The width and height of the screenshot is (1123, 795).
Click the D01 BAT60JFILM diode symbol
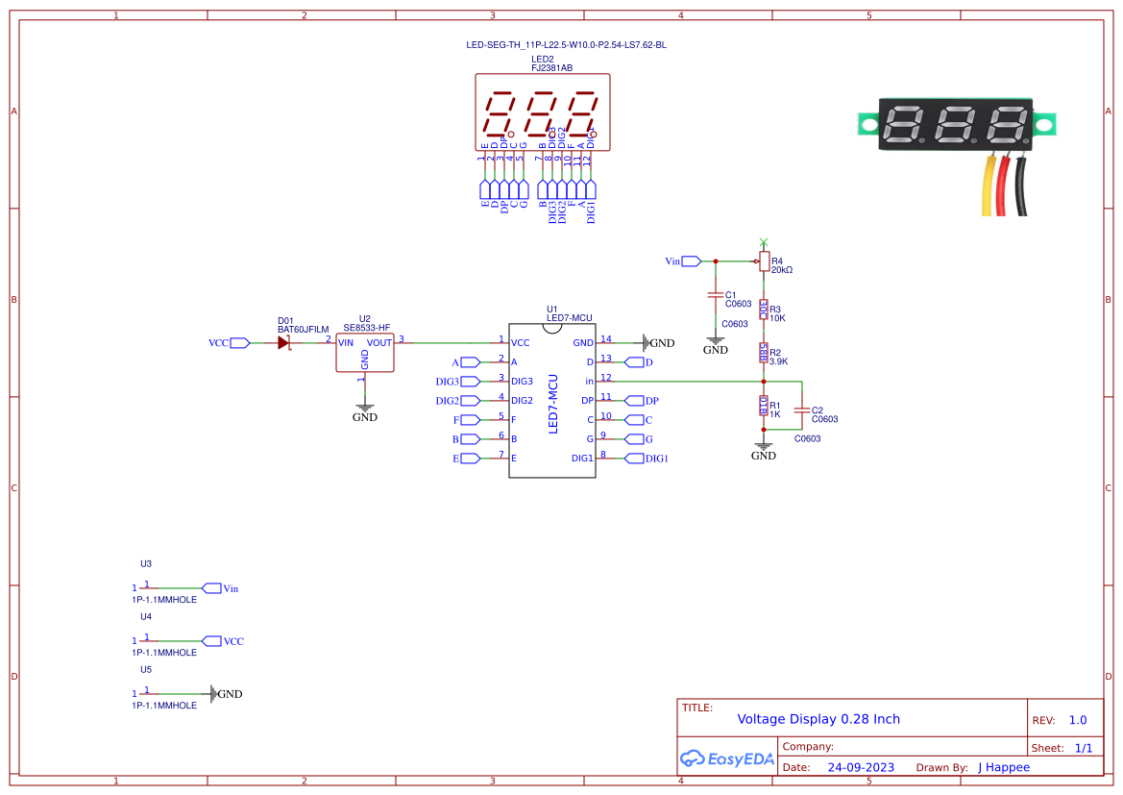point(284,343)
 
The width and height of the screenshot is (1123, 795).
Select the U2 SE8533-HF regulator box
point(364,353)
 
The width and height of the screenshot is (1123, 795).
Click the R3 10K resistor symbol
point(764,309)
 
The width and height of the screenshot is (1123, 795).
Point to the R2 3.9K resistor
point(764,353)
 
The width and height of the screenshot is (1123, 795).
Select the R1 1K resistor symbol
point(764,405)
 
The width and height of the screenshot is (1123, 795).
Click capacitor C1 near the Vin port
point(715,294)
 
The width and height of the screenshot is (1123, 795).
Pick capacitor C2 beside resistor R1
point(802,410)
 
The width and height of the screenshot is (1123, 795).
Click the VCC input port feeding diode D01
point(239,343)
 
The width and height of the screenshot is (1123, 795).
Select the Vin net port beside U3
point(211,588)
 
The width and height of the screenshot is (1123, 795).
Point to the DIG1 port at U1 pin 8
point(634,459)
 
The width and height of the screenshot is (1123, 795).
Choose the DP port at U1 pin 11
point(634,401)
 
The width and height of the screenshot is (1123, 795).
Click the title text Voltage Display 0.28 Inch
point(818,719)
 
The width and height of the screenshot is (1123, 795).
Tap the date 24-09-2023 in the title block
point(854,767)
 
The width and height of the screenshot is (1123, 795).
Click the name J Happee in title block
point(1003,767)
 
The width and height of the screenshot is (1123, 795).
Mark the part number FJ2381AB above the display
point(551,68)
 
